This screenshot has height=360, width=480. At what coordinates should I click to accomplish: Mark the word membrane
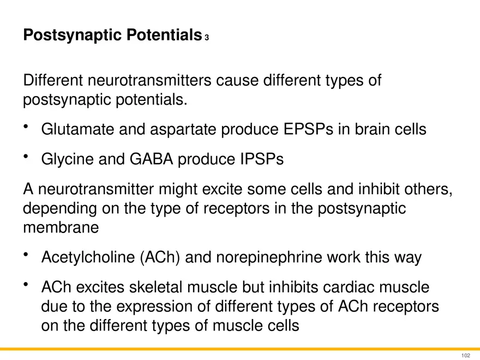pyautogui.click(x=61, y=228)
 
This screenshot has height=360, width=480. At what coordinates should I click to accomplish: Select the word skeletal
pyautogui.click(x=170, y=287)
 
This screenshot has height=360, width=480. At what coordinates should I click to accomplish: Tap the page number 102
pyautogui.click(x=465, y=355)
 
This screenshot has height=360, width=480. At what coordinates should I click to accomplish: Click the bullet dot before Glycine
pyautogui.click(x=26, y=157)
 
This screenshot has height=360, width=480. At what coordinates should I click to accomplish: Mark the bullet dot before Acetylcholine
pyautogui.click(x=26, y=255)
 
